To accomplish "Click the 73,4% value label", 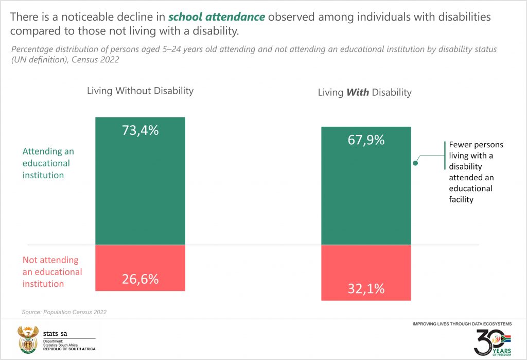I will click(x=140, y=130).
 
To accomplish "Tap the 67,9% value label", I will click(x=366, y=140).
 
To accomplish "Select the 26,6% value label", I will click(x=140, y=279).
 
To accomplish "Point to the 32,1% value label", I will click(x=366, y=288).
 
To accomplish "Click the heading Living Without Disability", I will click(x=140, y=91).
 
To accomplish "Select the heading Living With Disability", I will click(x=364, y=93).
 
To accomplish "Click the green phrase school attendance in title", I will click(x=217, y=17).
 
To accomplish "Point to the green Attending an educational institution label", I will click(x=48, y=163).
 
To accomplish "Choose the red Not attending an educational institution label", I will click(x=52, y=272).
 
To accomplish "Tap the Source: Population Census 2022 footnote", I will click(x=64, y=312).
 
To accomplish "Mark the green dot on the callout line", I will click(x=415, y=163).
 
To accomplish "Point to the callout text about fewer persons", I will click(x=476, y=172).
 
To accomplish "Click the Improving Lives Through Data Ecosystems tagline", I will click(x=462, y=324).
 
